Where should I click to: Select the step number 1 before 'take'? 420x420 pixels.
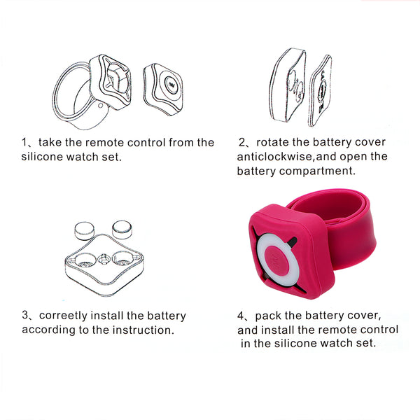(24, 142)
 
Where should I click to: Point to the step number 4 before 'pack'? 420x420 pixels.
(240, 316)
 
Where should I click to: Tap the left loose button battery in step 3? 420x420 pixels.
(84, 230)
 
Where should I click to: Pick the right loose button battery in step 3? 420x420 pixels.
(122, 230)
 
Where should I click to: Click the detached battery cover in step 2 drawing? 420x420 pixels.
(321, 91)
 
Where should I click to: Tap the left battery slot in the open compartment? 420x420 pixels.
(85, 260)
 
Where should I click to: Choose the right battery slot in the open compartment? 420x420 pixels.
(123, 259)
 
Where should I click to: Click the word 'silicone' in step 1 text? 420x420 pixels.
(42, 157)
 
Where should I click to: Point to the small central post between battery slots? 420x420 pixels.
(104, 259)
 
